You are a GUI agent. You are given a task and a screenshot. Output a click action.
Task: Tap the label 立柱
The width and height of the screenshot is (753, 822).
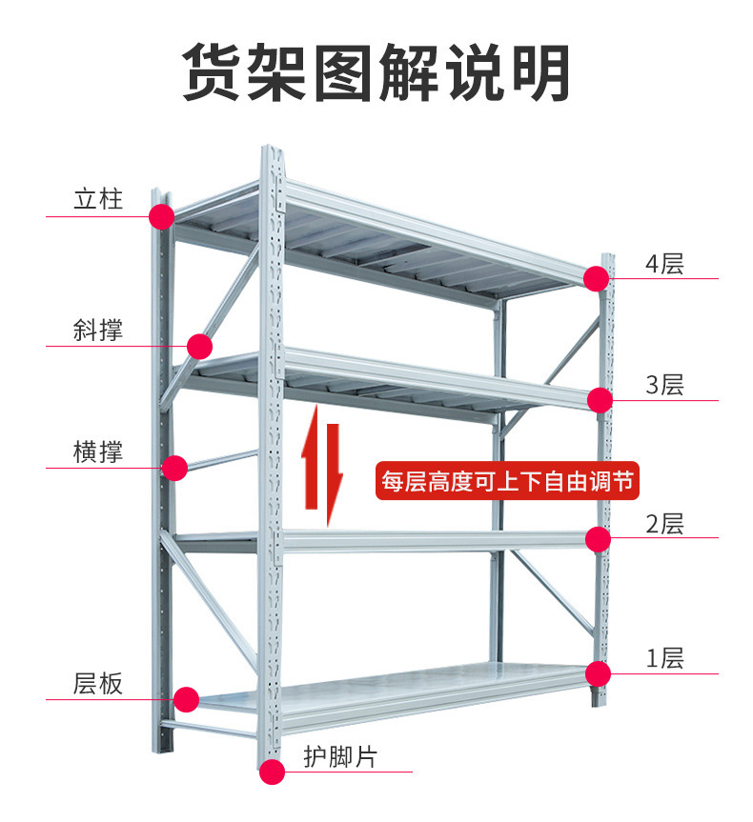[x=98, y=201]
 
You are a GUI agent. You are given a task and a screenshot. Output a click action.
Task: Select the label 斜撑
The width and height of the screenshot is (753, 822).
[x=98, y=331]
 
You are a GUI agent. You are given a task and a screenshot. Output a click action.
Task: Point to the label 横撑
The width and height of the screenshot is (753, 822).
[x=98, y=451]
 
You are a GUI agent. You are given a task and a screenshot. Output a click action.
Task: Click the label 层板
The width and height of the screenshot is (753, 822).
[x=98, y=683]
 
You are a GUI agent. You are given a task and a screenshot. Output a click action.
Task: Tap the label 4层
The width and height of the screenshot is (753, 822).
[x=664, y=264]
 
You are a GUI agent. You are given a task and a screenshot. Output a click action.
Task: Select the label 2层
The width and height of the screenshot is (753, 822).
[x=664, y=524]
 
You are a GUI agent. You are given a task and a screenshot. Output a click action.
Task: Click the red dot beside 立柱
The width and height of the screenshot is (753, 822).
[x=161, y=217]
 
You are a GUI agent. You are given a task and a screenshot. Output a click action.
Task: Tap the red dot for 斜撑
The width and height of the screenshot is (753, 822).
[x=199, y=346]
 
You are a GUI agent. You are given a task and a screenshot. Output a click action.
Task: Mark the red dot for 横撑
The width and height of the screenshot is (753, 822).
[x=174, y=468]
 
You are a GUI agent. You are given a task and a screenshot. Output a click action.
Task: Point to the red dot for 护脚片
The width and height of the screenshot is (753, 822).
[x=273, y=772]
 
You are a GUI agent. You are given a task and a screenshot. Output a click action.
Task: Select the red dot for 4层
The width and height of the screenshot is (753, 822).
[x=597, y=278]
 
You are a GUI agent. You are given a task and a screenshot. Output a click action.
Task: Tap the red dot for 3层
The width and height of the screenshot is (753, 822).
[x=600, y=401]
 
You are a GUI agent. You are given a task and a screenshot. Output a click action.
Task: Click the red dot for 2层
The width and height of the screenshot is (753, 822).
[x=598, y=540]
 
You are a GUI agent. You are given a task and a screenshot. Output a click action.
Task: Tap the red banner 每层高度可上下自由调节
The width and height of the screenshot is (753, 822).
[x=506, y=481]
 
